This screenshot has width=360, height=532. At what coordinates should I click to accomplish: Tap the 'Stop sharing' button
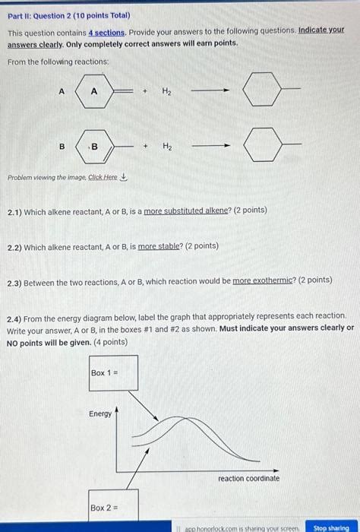330,527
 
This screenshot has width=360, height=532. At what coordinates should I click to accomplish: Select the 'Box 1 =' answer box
113,372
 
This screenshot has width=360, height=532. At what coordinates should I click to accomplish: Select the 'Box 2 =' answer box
113,507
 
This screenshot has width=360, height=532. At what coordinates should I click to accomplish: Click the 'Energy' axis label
100,413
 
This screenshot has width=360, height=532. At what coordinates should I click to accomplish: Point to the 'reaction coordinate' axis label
248,478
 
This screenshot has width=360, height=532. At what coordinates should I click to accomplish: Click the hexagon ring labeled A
94,91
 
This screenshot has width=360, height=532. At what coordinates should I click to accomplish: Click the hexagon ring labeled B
94,146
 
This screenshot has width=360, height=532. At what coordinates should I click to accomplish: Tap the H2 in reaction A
166,91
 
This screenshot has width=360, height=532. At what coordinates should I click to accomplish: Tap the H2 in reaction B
166,146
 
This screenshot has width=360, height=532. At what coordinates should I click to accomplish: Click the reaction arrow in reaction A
210,90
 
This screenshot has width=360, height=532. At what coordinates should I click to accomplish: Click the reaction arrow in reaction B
210,146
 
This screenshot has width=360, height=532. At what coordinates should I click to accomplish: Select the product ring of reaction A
261,91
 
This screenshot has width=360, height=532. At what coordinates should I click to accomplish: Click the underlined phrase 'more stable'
157,246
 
